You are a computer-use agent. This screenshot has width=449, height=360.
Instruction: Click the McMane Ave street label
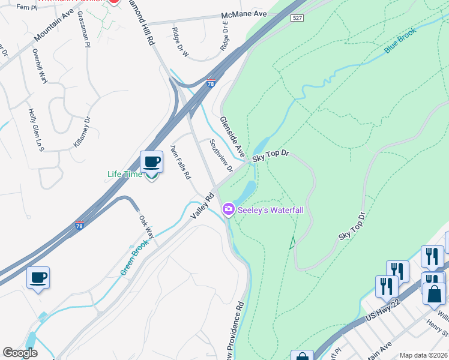244,13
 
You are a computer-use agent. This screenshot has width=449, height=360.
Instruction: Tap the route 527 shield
297,19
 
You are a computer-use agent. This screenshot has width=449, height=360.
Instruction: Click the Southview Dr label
221,155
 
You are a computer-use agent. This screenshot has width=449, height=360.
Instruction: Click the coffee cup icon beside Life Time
151,162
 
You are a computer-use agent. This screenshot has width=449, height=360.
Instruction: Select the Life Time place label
125,175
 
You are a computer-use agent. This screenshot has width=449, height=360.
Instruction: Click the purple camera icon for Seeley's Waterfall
228,209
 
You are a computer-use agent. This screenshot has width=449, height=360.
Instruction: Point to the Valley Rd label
202,205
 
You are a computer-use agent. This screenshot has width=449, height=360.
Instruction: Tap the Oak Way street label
147,227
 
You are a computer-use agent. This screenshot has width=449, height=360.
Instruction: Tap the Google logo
20,353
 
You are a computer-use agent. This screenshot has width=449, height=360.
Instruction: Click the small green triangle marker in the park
292,242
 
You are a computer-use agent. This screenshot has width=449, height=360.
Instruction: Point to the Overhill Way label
40,65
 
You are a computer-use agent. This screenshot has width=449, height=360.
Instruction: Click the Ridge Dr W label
180,42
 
